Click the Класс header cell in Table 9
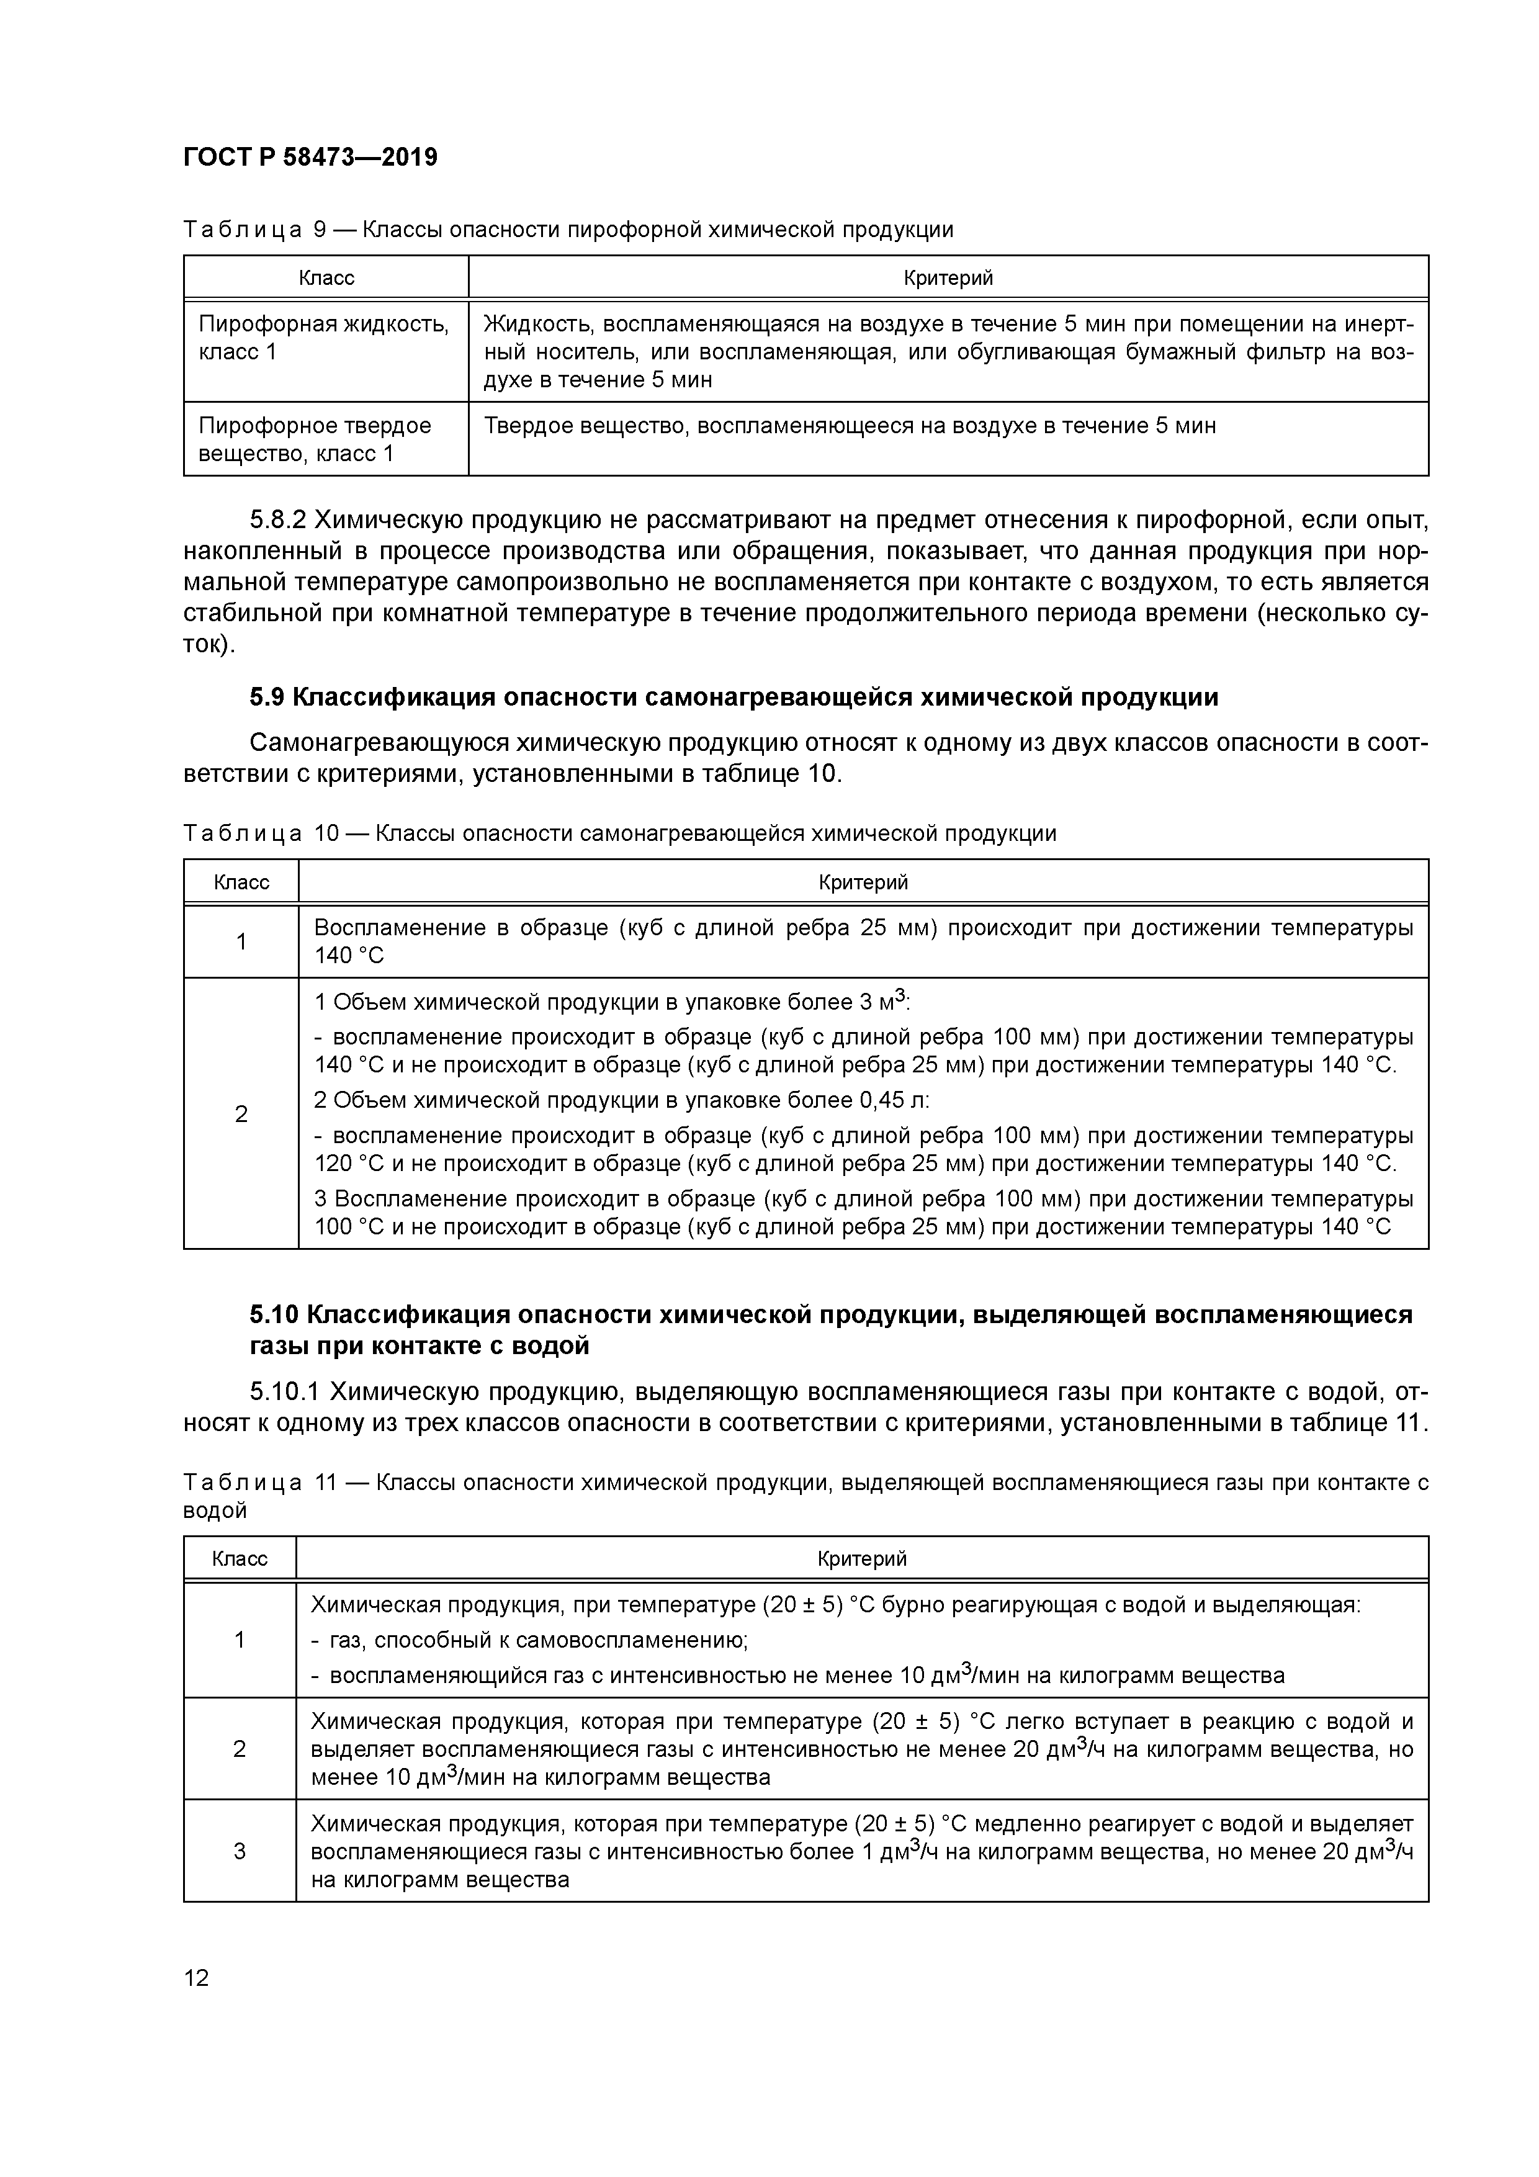(326, 278)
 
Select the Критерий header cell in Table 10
(863, 882)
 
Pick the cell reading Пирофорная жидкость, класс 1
(325, 338)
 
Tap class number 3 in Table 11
(240, 1851)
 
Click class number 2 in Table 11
(240, 1748)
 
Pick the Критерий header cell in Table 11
(862, 1559)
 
